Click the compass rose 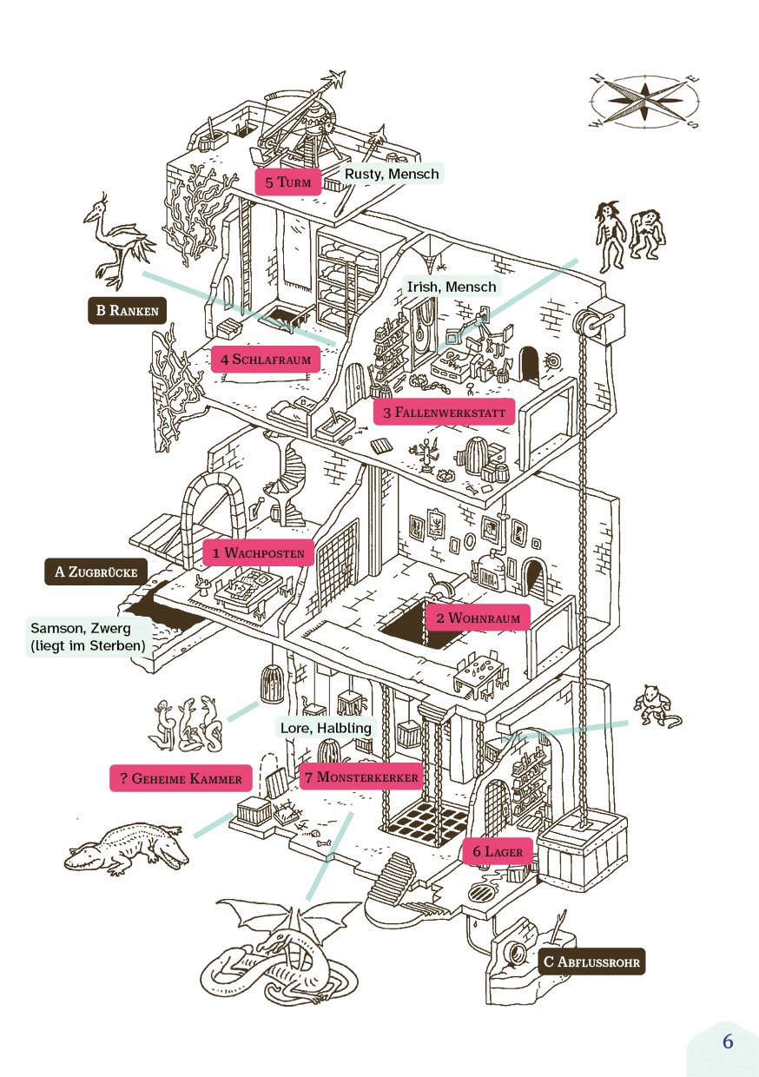(644, 101)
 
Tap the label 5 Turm (287, 182)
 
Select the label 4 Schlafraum (264, 359)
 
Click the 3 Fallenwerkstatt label (445, 412)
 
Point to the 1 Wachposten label (258, 552)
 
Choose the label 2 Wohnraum (478, 618)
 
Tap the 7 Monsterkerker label (361, 776)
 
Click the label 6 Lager (498, 852)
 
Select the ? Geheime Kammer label (181, 778)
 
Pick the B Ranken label (127, 311)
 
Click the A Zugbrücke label (96, 572)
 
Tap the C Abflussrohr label (591, 961)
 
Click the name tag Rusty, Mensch (391, 174)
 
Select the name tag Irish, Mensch (452, 287)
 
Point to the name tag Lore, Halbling (326, 728)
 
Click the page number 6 (728, 1041)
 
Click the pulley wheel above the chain (592, 325)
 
